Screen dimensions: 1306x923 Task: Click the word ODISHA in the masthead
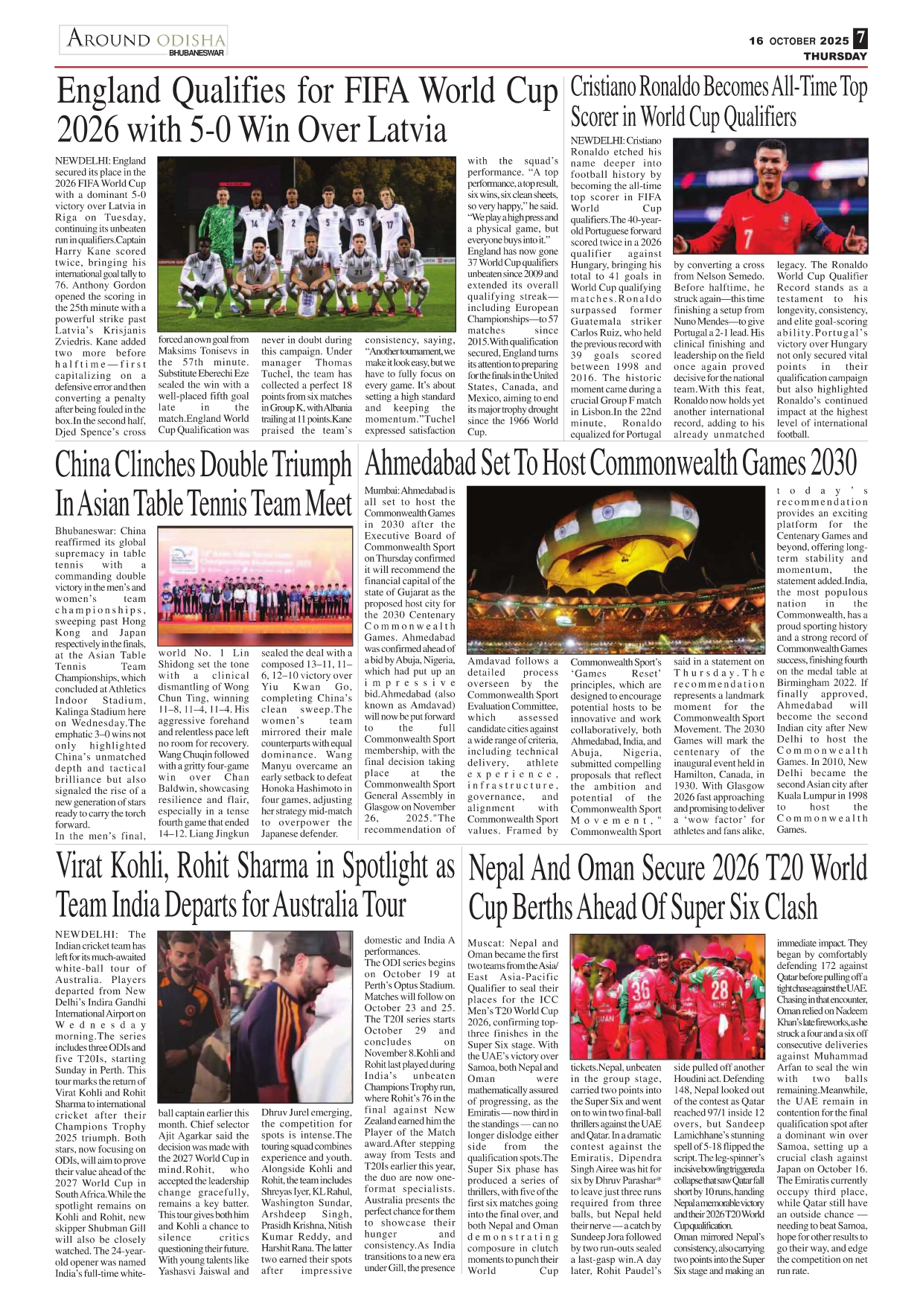[x=191, y=39]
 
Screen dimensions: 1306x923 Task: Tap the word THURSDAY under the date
[x=835, y=57]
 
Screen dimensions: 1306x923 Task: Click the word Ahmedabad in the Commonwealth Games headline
[x=420, y=463]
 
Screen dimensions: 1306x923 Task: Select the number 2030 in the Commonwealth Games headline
[x=834, y=463]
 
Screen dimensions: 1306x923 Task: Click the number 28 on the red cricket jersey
[x=719, y=989]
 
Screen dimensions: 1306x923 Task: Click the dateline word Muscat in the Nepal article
[x=483, y=944]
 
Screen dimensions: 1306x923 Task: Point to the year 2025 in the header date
[x=834, y=41]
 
